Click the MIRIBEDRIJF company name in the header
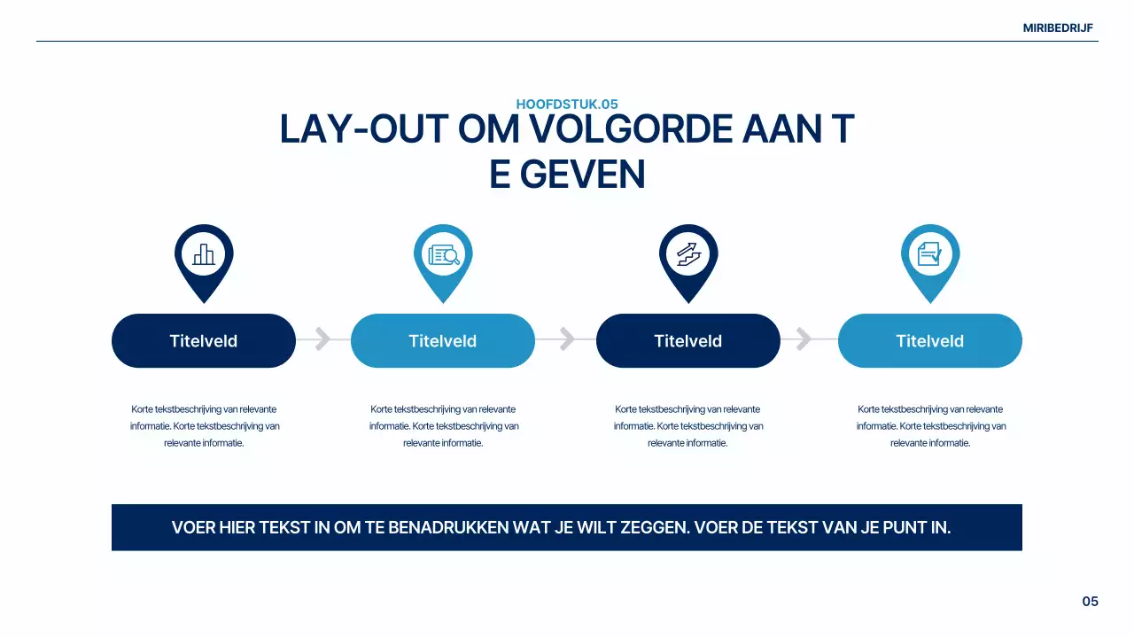pyautogui.click(x=1058, y=27)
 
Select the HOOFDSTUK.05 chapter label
pyautogui.click(x=567, y=104)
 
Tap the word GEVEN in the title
pyautogui.click(x=582, y=175)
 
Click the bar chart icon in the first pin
pyautogui.click(x=204, y=254)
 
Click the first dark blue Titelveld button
pyautogui.click(x=204, y=341)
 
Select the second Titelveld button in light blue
pyautogui.click(x=443, y=341)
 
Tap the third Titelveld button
pyautogui.click(x=688, y=341)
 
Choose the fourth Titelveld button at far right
pyautogui.click(x=929, y=341)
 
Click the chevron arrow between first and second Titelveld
pyautogui.click(x=323, y=339)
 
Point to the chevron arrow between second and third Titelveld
pyautogui.click(x=567, y=339)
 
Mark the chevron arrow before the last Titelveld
pyautogui.click(x=804, y=339)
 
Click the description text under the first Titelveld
pyautogui.click(x=204, y=426)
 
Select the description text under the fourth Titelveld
pyautogui.click(x=930, y=426)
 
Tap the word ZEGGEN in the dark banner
pyautogui.click(x=654, y=528)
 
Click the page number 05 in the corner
pyautogui.click(x=1090, y=602)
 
